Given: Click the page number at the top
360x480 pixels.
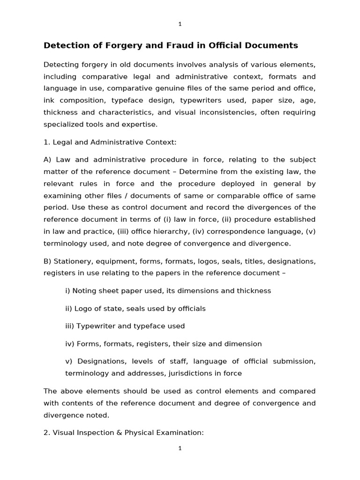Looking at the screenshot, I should pos(180,24).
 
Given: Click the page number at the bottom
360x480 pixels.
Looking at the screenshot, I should pos(180,449).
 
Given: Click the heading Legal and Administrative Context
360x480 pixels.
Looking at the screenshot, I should pos(110,142).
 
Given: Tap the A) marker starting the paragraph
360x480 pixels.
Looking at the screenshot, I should pos(49,160).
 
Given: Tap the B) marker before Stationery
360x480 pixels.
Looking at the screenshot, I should pos(48,261).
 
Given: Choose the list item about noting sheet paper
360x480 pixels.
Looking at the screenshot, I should pos(168,291).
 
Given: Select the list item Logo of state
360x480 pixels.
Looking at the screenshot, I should pos(135,308).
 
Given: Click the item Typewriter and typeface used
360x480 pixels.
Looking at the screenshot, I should pos(125,326).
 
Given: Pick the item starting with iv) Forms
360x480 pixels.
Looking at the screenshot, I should pos(163,344).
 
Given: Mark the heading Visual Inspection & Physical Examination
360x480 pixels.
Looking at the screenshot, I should pos(123,433).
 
